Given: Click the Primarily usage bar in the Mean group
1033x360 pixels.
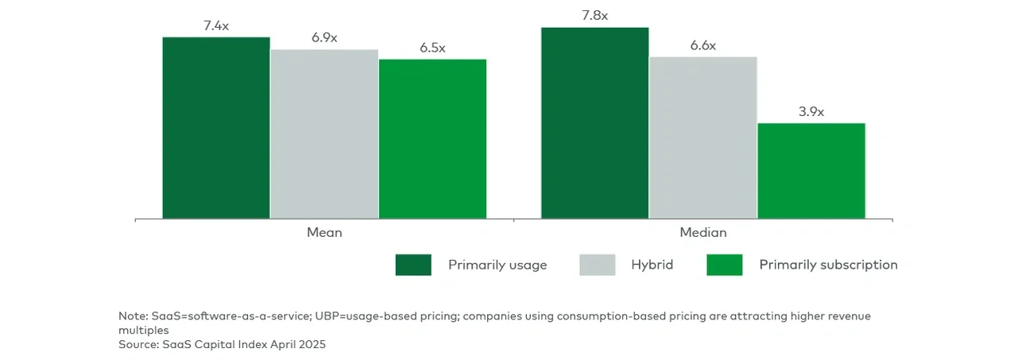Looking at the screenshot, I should pyautogui.click(x=216, y=127).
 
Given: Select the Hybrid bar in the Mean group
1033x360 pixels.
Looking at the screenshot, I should pyautogui.click(x=324, y=134).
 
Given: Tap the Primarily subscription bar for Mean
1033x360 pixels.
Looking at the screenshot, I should pyautogui.click(x=432, y=138).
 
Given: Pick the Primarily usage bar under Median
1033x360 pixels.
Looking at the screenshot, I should pyautogui.click(x=595, y=122).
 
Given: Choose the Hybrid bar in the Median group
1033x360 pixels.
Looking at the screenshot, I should pyautogui.click(x=703, y=137).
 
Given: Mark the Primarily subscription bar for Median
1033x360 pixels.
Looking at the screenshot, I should pyautogui.click(x=811, y=170).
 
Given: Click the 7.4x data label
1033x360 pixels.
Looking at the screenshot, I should pyautogui.click(x=216, y=26).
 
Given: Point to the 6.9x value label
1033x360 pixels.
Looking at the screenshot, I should pyautogui.click(x=324, y=38).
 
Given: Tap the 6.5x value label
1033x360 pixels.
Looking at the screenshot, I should pyautogui.click(x=432, y=48).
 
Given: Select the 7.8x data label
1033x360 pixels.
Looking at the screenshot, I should pyautogui.click(x=595, y=16).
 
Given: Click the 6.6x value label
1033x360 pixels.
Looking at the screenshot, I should pyautogui.click(x=703, y=46).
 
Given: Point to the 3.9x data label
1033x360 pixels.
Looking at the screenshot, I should pyautogui.click(x=811, y=112).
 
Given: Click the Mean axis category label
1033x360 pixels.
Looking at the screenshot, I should pyautogui.click(x=324, y=233).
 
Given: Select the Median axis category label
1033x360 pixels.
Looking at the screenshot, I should pyautogui.click(x=703, y=233).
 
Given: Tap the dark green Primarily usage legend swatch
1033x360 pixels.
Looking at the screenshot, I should pyautogui.click(x=413, y=265).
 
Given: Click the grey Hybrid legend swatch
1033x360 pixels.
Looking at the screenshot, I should pyautogui.click(x=598, y=265).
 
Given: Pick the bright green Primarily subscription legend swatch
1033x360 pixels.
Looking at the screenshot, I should pyautogui.click(x=725, y=265).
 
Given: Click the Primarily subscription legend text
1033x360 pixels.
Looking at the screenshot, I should pyautogui.click(x=828, y=265).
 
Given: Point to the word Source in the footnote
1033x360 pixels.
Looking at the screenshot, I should pyautogui.click(x=138, y=344).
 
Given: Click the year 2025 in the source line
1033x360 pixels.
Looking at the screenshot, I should pyautogui.click(x=311, y=344).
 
